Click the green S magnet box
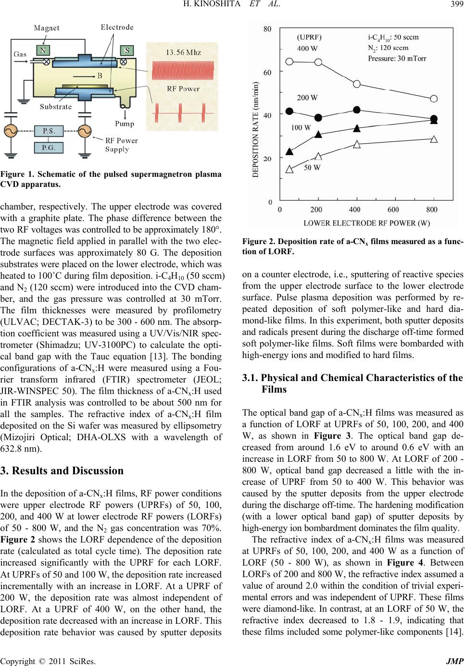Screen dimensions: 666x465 tap(127, 50)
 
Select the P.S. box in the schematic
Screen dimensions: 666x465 tap(48, 131)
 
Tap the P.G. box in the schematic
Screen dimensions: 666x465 tap(48, 148)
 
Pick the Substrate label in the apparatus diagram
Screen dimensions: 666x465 tap(56, 106)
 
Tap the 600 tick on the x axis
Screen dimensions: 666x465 tap(393, 210)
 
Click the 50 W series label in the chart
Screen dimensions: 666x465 tap(313, 168)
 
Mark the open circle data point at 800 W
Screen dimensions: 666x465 tap(434, 99)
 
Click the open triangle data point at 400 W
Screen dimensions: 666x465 tap(357, 144)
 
